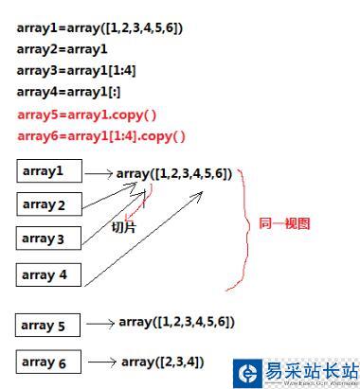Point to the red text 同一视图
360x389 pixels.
click(284, 224)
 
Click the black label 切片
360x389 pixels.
click(124, 227)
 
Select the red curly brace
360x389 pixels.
click(247, 227)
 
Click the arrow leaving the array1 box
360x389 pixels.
click(99, 174)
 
